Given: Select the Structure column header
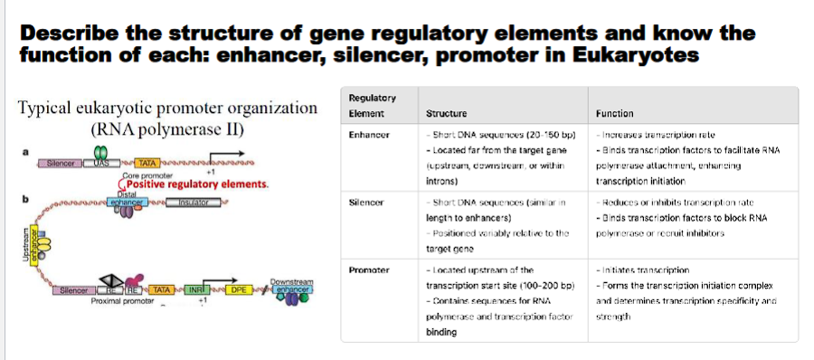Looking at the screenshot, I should click(x=445, y=114).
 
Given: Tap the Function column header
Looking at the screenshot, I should click(x=615, y=114).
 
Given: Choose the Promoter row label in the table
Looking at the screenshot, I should click(x=369, y=270).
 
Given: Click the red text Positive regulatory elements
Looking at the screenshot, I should click(x=198, y=184).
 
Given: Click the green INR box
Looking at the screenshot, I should click(x=194, y=290).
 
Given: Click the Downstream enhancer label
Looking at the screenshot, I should click(x=292, y=285).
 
